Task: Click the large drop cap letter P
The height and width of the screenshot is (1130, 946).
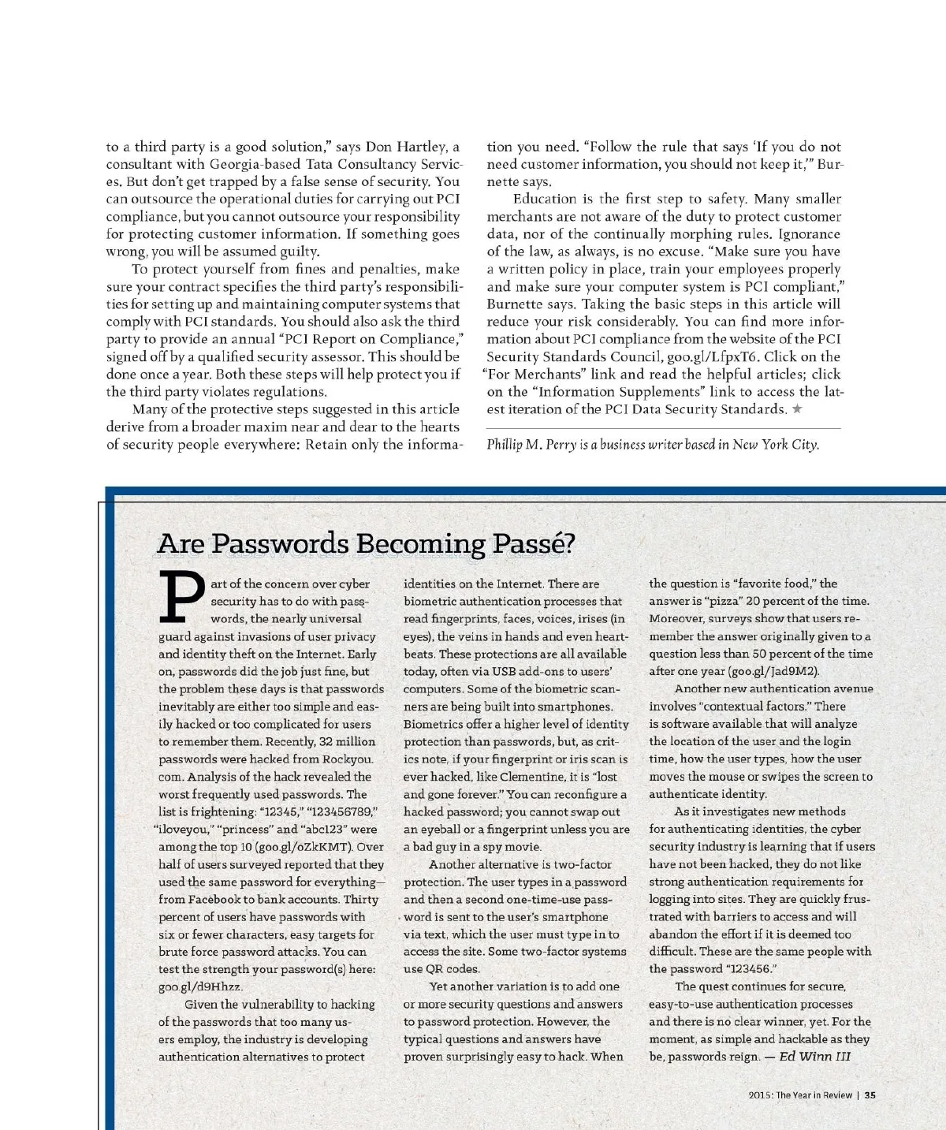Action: [182, 597]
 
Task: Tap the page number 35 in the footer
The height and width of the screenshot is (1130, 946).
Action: [870, 1095]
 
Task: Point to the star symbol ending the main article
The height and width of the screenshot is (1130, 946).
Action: [797, 408]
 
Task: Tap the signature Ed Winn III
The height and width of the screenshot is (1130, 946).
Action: [815, 1057]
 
